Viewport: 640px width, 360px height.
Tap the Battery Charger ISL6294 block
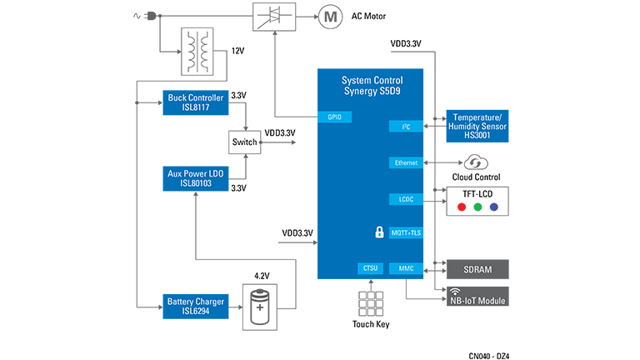(x=194, y=306)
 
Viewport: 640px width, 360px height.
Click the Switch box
(x=244, y=142)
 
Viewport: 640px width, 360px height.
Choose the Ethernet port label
(x=406, y=162)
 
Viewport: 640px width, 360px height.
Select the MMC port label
(x=406, y=268)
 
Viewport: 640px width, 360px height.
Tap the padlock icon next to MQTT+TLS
(x=379, y=232)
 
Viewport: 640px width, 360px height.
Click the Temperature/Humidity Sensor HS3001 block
(x=477, y=125)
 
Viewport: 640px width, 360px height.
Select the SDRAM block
(x=477, y=269)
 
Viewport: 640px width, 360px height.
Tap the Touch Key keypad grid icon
(x=370, y=302)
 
